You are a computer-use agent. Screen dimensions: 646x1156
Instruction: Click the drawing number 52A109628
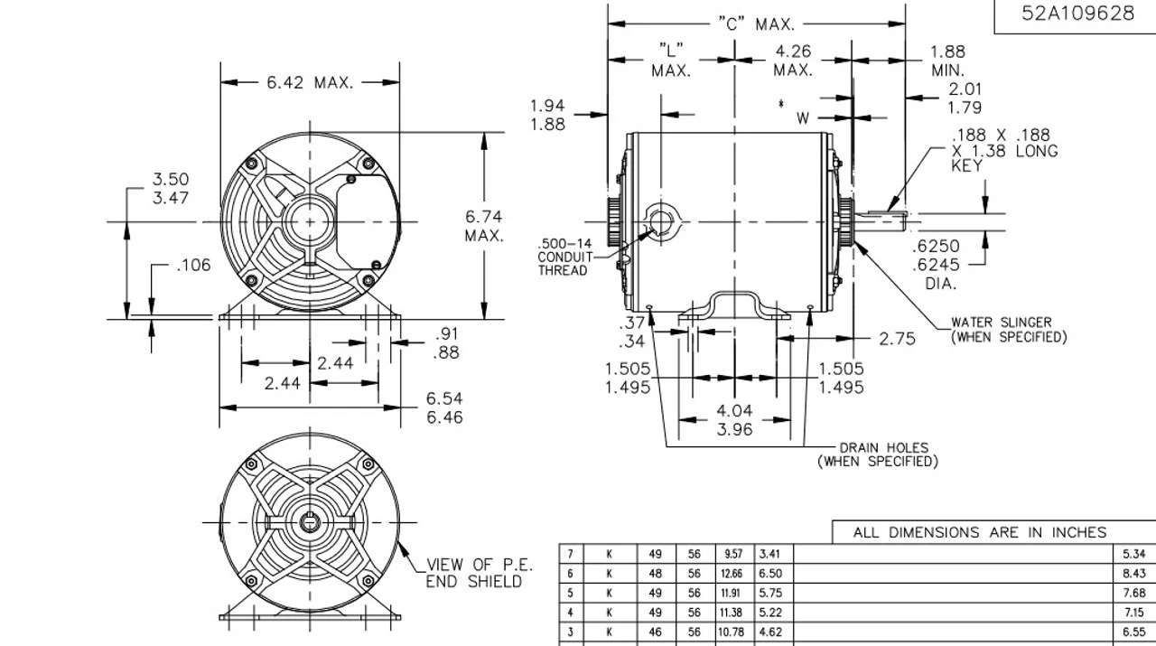pos(1077,14)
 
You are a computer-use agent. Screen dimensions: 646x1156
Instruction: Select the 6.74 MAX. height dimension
pos(484,226)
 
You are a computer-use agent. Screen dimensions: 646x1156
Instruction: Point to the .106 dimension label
pos(193,266)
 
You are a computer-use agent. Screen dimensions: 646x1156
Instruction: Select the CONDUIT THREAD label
pos(563,257)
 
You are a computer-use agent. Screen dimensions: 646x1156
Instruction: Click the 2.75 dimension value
pos(897,339)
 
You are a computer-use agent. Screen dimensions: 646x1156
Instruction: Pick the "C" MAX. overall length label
pos(756,24)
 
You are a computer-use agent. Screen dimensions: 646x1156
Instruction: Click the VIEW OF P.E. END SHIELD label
pos(479,573)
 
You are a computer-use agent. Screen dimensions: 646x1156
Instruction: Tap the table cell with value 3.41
pos(770,554)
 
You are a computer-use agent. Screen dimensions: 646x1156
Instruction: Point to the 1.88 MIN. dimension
pos(947,61)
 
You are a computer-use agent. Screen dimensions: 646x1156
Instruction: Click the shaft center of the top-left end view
pos(309,221)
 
